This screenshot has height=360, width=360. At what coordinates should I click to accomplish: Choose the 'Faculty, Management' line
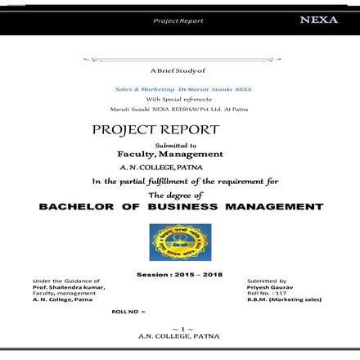(x=170, y=153)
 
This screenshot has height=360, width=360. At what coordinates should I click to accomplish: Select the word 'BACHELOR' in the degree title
(x=78, y=206)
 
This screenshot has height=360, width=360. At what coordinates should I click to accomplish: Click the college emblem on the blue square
(x=180, y=242)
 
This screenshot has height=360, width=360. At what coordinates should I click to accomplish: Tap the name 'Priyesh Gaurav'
(x=267, y=287)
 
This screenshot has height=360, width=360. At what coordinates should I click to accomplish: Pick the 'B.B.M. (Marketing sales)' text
(x=284, y=299)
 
